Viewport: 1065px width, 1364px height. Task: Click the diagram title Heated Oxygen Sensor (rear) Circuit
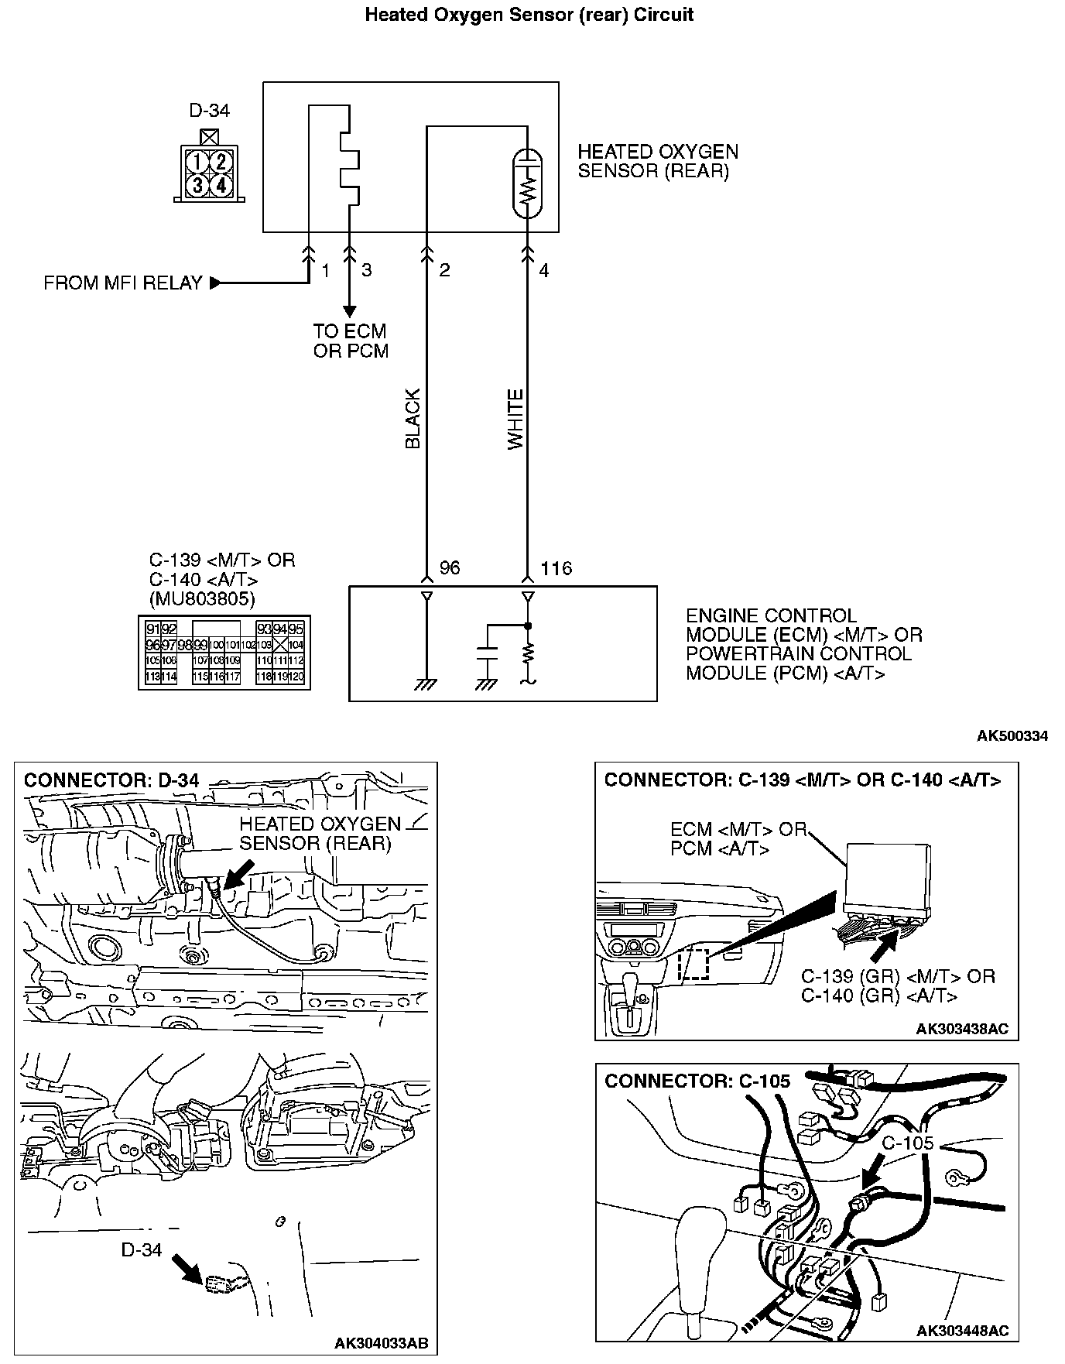529,15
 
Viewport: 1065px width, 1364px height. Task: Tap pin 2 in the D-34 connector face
221,162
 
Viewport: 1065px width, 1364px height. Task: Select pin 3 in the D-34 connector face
199,185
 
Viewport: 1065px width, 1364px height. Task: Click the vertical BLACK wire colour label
413,419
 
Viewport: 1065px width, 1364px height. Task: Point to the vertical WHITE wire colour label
515,419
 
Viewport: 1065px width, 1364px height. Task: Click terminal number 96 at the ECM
450,568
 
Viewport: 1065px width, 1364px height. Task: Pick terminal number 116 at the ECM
556,568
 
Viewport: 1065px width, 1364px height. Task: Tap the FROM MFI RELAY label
122,283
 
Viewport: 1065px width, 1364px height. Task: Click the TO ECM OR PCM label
351,341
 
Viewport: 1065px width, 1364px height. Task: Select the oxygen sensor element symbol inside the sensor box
528,182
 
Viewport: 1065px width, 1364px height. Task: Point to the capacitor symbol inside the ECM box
487,653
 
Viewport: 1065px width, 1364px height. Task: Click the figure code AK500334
1012,735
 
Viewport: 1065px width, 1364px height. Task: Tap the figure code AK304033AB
381,1342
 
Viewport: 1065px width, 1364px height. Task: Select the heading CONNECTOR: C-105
697,1081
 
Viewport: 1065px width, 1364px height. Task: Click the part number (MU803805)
201,598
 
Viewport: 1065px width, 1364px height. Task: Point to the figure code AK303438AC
962,1029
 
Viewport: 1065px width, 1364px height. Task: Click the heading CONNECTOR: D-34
111,780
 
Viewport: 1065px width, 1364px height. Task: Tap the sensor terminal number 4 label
544,271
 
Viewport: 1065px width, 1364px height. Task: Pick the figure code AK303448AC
962,1330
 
